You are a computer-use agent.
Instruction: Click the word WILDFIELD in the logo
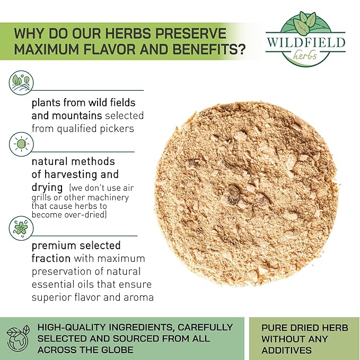click(x=306, y=42)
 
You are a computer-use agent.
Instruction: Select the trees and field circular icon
click(x=21, y=83)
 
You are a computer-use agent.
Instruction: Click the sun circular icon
click(x=21, y=144)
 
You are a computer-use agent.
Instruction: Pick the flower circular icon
click(x=21, y=228)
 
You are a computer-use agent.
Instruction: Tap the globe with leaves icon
click(x=18, y=338)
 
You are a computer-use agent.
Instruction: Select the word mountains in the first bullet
click(x=77, y=116)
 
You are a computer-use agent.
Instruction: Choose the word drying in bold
click(x=47, y=188)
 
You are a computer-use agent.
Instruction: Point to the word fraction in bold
click(x=51, y=259)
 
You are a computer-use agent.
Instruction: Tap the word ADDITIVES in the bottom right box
click(x=286, y=350)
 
